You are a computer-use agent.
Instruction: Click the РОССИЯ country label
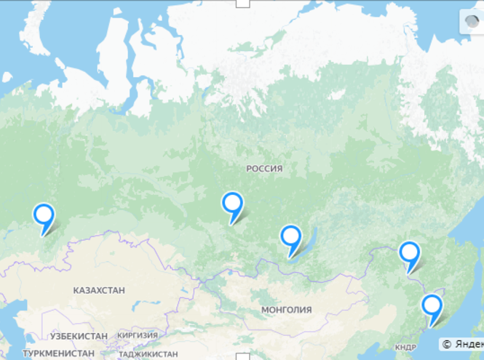tap(264, 169)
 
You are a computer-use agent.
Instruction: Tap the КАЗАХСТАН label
tap(99, 290)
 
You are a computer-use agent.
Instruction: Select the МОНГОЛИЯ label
tap(286, 310)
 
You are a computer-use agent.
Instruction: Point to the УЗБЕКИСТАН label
tap(79, 336)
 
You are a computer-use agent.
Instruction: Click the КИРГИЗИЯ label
tap(138, 335)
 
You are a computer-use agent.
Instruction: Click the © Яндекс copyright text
tap(461, 343)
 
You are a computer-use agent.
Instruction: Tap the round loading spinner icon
tap(471, 23)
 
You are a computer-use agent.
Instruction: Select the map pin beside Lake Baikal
tap(291, 237)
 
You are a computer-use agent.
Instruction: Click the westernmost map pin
tap(44, 215)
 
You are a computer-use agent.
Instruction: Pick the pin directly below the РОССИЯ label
tap(232, 204)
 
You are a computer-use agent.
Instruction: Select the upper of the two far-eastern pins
tap(410, 253)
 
